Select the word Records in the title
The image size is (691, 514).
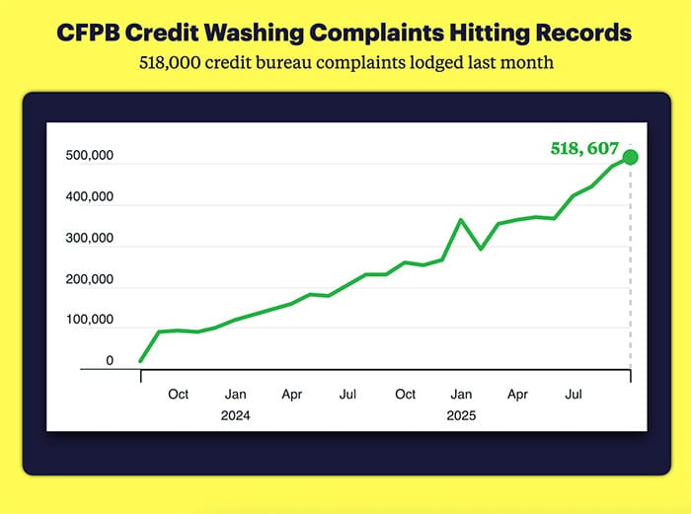pos(576,34)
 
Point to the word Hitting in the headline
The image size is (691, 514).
pos(478,34)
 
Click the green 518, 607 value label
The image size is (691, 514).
pos(577,149)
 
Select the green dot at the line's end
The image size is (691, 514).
pos(631,157)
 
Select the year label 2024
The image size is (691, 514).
pos(235,415)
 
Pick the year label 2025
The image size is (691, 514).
pos(461,415)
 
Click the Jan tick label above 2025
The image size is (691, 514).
pos(461,395)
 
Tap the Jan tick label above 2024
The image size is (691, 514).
pos(235,395)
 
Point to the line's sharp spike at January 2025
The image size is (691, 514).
pos(461,220)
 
